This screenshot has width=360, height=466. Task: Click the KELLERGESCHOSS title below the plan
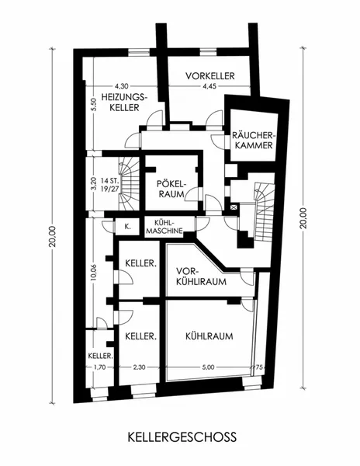182,437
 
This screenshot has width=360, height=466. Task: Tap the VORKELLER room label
210,76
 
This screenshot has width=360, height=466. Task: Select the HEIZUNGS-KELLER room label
124,103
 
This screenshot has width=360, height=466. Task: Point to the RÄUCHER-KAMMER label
252,141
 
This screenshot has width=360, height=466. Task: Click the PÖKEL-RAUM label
171,189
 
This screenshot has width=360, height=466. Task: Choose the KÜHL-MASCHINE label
165,227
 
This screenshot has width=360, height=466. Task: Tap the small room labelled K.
127,227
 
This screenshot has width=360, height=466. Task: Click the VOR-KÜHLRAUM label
201,276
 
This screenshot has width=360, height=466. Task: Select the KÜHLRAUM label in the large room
209,336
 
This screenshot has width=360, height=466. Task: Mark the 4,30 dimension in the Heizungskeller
122,86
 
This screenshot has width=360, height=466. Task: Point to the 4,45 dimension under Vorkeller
209,86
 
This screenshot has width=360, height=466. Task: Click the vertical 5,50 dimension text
93,105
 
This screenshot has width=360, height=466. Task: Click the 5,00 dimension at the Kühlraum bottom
208,367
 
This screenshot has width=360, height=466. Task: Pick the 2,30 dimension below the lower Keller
139,367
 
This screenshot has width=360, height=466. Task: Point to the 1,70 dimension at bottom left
100,367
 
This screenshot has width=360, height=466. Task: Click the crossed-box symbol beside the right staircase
234,207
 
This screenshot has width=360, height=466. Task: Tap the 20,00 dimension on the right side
303,217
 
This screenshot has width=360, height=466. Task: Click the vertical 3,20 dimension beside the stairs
94,184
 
